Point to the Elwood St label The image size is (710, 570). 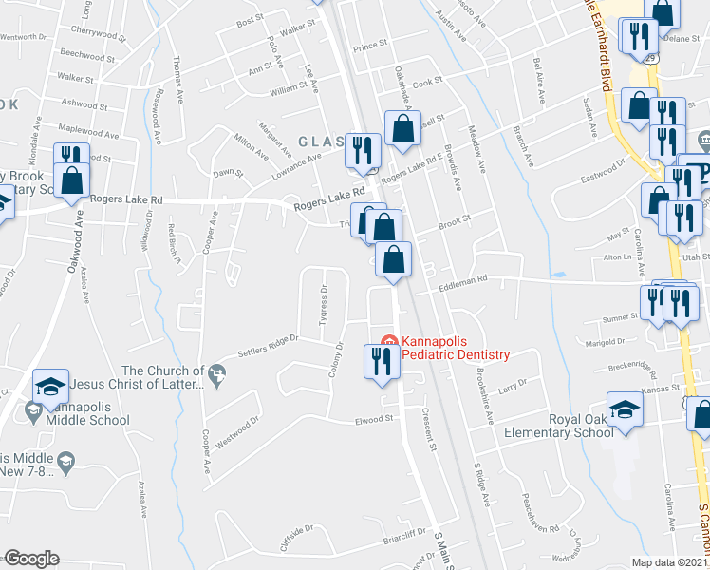tap(374, 418)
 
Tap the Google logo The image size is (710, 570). tap(30, 559)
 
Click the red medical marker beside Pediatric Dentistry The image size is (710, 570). tap(387, 342)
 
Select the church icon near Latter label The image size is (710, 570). tap(218, 371)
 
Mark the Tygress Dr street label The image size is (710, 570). tap(324, 304)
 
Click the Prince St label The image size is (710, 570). tap(371, 46)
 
